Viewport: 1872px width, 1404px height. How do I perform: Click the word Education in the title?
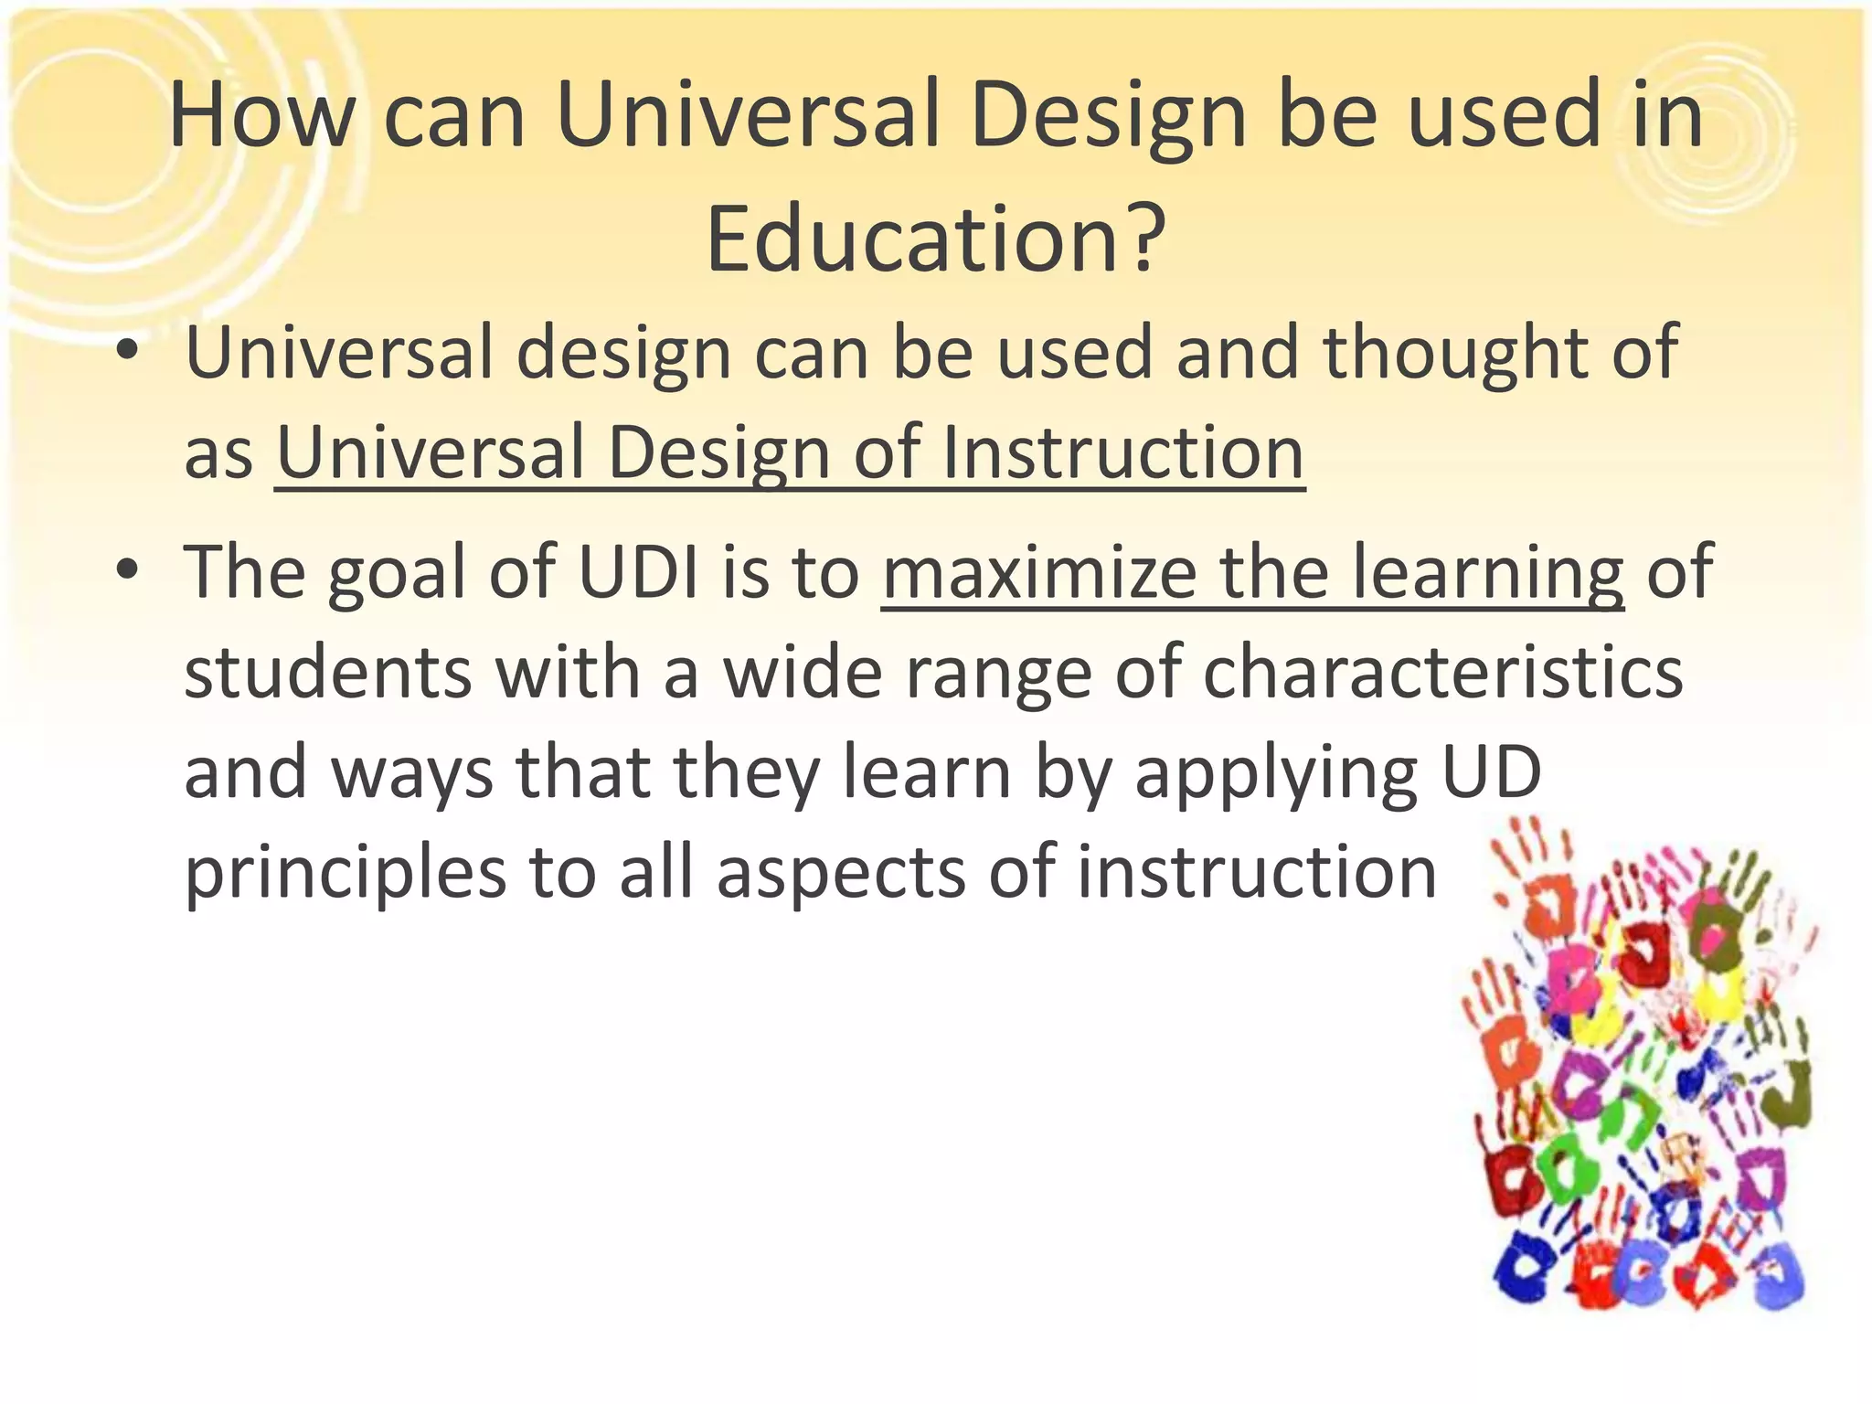(910, 239)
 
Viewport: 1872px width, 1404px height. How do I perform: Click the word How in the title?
(261, 116)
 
